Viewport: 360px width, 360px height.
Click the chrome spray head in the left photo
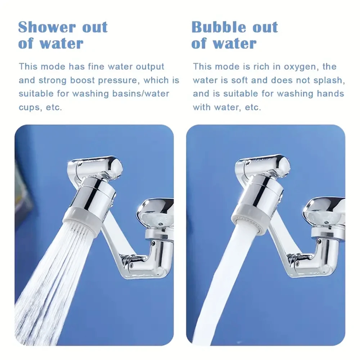point(95,194)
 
